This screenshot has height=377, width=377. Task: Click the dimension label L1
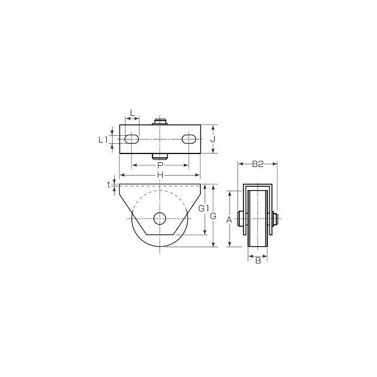click(103, 139)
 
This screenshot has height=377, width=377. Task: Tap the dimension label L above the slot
click(132, 113)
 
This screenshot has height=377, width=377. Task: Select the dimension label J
click(213, 139)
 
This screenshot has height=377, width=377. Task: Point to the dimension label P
click(160, 165)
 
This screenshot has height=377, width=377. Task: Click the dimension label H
click(160, 175)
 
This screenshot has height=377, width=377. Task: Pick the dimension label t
click(109, 185)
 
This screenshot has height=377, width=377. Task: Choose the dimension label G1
click(204, 208)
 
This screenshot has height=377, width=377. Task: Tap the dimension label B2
click(258, 164)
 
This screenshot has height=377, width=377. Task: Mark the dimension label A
click(229, 219)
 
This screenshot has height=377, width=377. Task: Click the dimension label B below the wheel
click(258, 260)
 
